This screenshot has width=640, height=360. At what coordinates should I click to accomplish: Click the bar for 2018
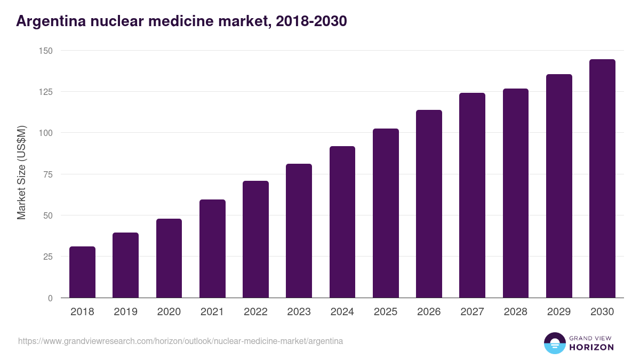[82, 272]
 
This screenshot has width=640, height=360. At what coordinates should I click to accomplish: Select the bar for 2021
[212, 249]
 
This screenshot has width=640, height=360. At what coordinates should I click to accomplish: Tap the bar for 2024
[342, 222]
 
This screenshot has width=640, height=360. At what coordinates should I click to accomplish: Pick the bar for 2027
[472, 195]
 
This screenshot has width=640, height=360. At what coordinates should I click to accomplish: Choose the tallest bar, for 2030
[602, 179]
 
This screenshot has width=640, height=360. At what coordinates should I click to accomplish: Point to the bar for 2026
[429, 204]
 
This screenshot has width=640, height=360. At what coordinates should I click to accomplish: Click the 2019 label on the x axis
[126, 312]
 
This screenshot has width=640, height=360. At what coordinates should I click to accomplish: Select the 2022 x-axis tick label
[255, 312]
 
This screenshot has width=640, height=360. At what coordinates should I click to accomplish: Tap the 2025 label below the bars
[386, 312]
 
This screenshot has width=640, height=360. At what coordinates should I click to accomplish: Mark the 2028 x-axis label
[516, 312]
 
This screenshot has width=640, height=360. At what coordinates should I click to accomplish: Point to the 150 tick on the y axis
[45, 51]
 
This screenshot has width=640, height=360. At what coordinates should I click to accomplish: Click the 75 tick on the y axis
[47, 174]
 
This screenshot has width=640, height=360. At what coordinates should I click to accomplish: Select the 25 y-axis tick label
[47, 257]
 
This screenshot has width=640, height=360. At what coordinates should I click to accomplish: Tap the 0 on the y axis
[50, 298]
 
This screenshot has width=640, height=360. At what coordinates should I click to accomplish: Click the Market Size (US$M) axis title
[21, 174]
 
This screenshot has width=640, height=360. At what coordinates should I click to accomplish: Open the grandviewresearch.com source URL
[180, 341]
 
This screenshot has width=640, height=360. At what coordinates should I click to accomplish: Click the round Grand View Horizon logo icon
[555, 343]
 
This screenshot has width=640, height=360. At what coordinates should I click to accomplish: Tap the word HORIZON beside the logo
[591, 347]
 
